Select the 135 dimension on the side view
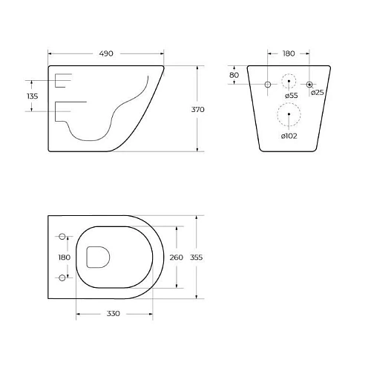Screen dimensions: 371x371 tap(33, 96)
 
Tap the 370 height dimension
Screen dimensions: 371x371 tap(197, 109)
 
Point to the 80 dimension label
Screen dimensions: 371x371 tap(234, 75)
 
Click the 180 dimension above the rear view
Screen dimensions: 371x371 tap(289, 53)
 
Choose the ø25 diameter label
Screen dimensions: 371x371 tap(317, 92)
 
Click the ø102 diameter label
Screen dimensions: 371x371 tap(289, 136)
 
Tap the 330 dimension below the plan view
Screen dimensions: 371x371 tap(113, 314)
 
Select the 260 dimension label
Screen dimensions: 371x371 tap(175, 257)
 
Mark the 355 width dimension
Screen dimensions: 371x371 tap(197, 257)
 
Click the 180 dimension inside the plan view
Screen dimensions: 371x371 tap(65, 257)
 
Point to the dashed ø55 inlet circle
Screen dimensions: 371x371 tap(289, 82)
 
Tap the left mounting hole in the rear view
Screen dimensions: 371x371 tap(268, 85)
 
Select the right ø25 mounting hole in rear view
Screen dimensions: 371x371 tap(311, 85)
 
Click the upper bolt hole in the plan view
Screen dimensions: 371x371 tap(62, 237)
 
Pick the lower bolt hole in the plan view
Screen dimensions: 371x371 tap(62, 278)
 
